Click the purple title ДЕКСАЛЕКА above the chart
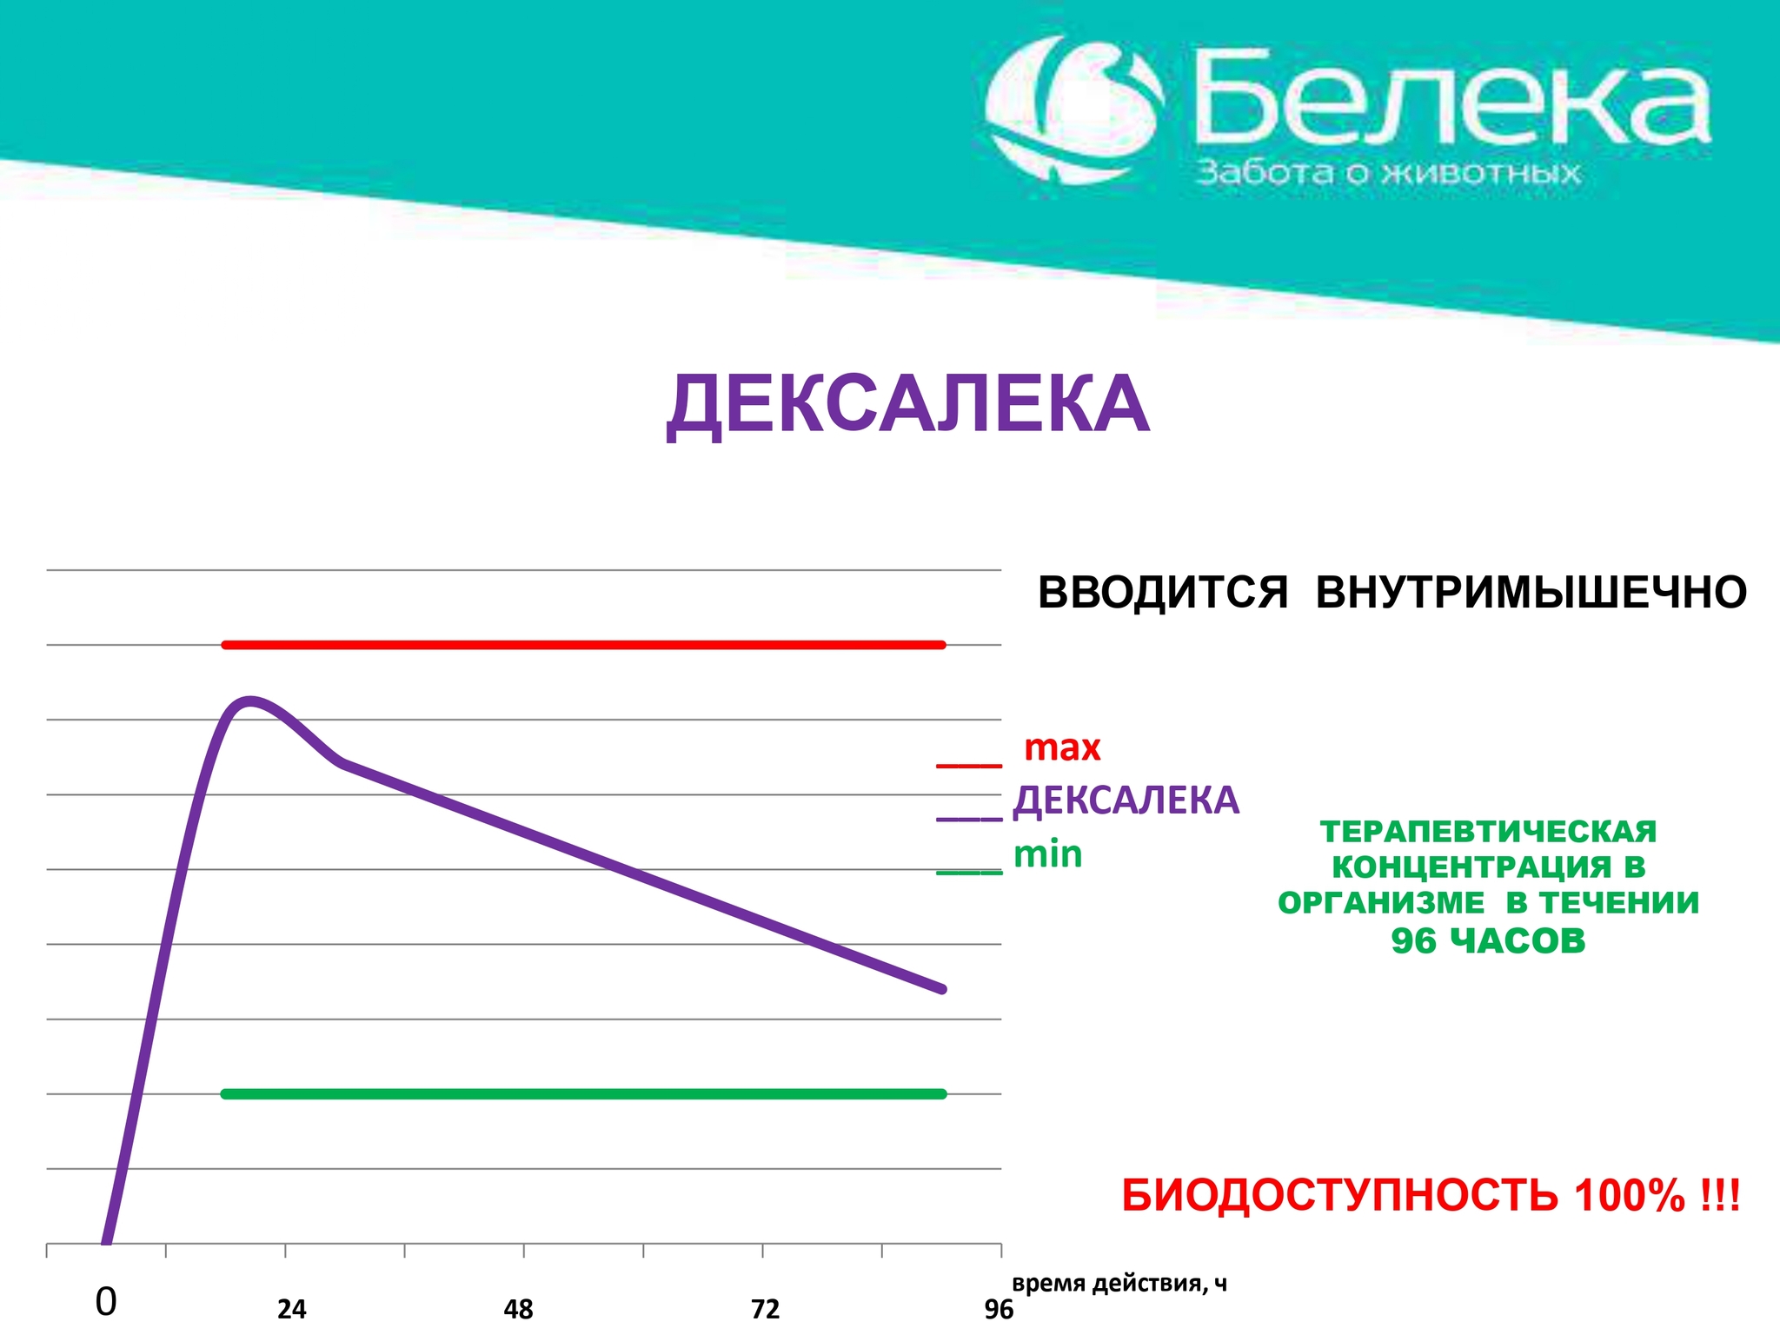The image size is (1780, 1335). (x=908, y=405)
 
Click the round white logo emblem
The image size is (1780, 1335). (x=1075, y=110)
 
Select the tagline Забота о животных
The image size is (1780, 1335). (x=1388, y=173)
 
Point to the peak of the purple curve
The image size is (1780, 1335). (x=250, y=701)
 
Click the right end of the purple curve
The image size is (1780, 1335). (x=943, y=989)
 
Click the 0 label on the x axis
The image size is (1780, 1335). (x=105, y=1302)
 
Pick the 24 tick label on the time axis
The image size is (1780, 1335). (x=292, y=1309)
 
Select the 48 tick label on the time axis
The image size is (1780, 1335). (x=518, y=1309)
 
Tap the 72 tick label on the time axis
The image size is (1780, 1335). (x=765, y=1309)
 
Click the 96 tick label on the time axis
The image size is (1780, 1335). (x=999, y=1309)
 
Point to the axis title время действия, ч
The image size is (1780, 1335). (x=1119, y=1284)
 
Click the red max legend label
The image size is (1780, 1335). (x=1062, y=747)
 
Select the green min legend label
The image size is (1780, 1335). (x=1048, y=854)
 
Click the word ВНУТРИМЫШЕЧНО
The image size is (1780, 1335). (x=1531, y=593)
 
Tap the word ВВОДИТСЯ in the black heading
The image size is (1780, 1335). (x=1163, y=593)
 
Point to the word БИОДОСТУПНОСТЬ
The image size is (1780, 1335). (x=1339, y=1196)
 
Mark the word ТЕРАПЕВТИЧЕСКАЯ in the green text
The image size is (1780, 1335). (x=1488, y=832)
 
